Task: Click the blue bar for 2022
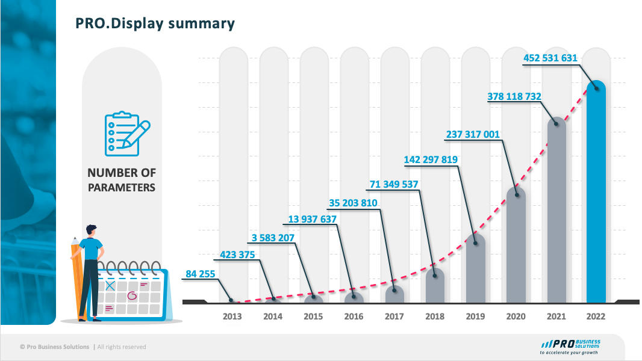pos(596,193)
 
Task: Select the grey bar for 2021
pos(556,211)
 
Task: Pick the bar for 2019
pos(476,268)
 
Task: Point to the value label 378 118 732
pos(514,96)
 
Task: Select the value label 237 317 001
pos(473,135)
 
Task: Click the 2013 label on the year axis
pos(232,316)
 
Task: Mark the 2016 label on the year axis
pos(354,316)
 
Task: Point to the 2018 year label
pos(434,316)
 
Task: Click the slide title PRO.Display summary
pos(155,23)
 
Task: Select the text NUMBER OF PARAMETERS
pos(122,180)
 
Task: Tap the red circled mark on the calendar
pos(133,295)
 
